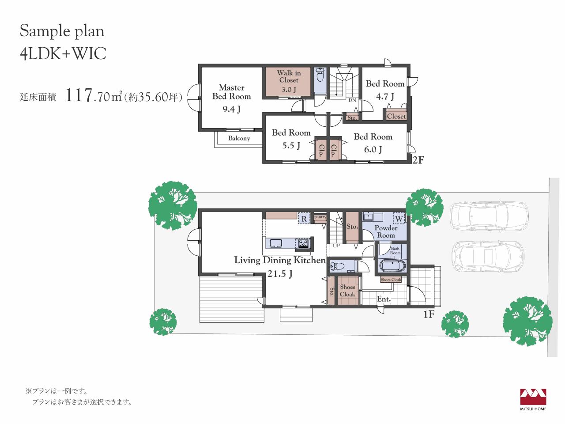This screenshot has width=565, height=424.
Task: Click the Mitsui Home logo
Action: (x=533, y=399)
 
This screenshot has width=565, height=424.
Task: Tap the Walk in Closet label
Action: (x=289, y=76)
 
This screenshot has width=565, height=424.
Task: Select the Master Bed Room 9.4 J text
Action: (x=231, y=98)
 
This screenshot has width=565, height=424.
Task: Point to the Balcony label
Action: (x=239, y=138)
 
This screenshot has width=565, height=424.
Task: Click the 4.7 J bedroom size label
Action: (x=385, y=97)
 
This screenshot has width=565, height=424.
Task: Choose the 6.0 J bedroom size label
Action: (x=373, y=149)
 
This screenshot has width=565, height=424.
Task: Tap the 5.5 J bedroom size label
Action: (x=291, y=145)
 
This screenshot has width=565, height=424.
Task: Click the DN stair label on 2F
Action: (x=352, y=100)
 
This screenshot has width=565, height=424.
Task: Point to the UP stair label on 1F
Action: (x=336, y=246)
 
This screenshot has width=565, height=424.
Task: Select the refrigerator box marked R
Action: (x=304, y=219)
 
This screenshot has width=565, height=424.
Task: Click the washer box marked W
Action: (x=399, y=219)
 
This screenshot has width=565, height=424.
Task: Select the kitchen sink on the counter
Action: (x=276, y=243)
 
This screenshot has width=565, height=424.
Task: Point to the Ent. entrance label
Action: (x=384, y=299)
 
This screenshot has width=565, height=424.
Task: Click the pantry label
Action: (x=320, y=217)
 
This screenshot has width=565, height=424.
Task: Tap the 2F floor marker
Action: (x=418, y=160)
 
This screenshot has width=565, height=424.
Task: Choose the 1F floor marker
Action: (x=429, y=314)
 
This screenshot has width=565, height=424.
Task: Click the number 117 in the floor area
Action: (x=79, y=95)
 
